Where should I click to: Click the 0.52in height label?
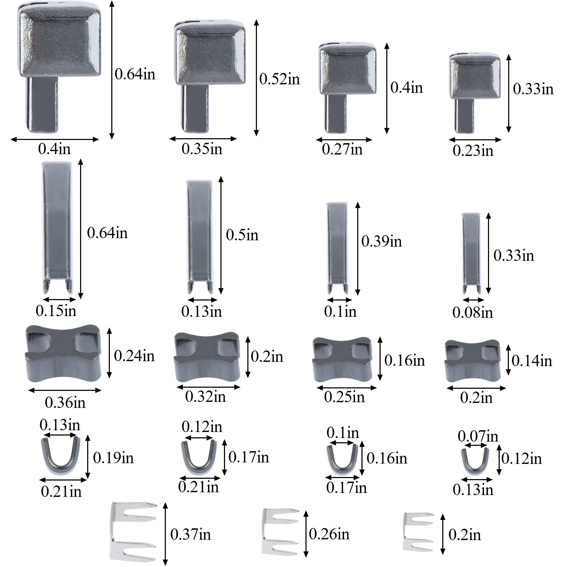click(279, 79)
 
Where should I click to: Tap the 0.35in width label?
click(202, 149)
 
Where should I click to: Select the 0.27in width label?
click(342, 149)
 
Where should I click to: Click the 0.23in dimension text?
click(473, 151)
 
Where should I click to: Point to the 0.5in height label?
click(242, 235)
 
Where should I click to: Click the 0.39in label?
click(381, 242)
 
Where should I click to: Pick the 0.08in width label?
click(472, 313)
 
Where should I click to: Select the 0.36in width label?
click(65, 403)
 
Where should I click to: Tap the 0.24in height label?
click(134, 356)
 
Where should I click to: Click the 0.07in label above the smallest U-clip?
click(478, 436)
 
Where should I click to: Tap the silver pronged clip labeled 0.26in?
click(280, 531)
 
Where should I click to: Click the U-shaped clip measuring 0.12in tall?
click(475, 460)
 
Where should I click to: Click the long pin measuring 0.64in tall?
click(57, 227)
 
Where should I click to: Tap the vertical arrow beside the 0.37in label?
click(165, 533)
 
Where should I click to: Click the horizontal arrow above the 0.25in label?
click(346, 388)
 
